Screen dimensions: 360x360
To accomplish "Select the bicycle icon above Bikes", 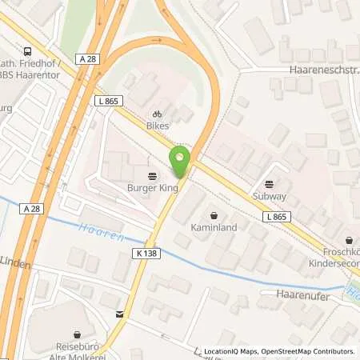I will pyautogui.click(x=158, y=114).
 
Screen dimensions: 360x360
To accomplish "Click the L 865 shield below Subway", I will pyautogui.click(x=276, y=217).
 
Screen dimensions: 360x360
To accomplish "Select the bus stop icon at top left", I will pyautogui.click(x=28, y=49).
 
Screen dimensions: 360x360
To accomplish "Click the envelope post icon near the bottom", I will pyautogui.click(x=119, y=314).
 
